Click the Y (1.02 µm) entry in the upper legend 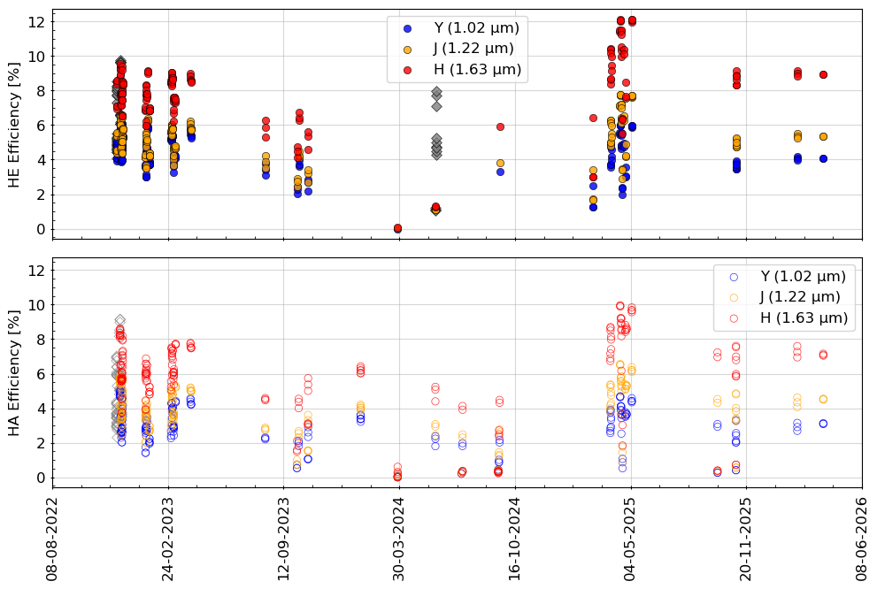point(463,28)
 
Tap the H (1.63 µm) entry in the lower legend point(789,318)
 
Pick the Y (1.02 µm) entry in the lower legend point(789,277)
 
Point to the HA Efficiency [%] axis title point(14,373)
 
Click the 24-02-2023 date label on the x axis point(168,539)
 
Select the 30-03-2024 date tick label point(399,539)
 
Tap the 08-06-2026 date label point(862,539)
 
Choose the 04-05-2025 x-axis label point(631,539)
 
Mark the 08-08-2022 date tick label point(52,539)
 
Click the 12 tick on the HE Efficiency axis point(37,22)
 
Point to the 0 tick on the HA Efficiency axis point(41,478)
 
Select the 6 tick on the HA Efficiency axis point(41,374)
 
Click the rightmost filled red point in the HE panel point(823,74)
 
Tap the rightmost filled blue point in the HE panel point(823,158)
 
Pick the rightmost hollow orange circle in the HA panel point(823,399)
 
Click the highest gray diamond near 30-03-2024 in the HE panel point(437,92)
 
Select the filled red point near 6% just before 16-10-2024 point(501,126)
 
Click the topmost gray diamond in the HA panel point(120,320)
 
